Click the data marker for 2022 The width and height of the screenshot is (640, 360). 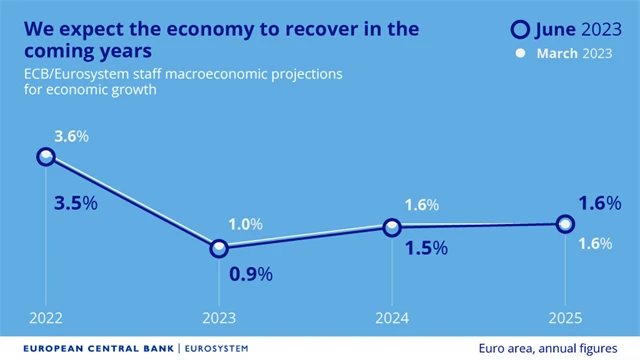[x=46, y=156]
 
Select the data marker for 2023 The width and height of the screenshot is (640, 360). [x=219, y=248]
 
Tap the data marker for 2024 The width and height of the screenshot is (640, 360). [x=392, y=227]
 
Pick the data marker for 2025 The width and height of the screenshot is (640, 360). [x=565, y=224]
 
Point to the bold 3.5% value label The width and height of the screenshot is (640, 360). [x=75, y=203]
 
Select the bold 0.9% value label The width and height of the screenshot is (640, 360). [x=249, y=273]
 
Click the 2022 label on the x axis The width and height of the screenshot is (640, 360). [x=46, y=318]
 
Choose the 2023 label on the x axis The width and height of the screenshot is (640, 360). [x=219, y=318]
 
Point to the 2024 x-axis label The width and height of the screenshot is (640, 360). [x=392, y=318]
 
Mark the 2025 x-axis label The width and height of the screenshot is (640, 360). [x=565, y=318]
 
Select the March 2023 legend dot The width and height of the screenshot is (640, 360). [x=520, y=53]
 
